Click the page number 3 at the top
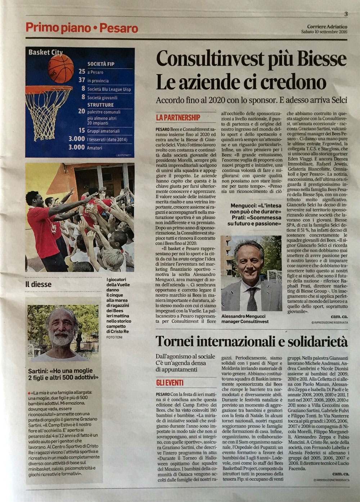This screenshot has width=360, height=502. (346, 14)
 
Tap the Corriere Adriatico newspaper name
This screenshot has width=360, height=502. (327, 26)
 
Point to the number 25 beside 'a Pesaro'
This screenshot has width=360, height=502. (82, 72)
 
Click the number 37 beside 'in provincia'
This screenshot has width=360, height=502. (82, 80)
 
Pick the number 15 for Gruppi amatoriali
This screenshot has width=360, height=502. (82, 130)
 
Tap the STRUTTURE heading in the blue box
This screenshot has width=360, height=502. (100, 105)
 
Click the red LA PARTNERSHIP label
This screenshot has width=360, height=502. (178, 117)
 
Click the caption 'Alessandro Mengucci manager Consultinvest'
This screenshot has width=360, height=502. (245, 319)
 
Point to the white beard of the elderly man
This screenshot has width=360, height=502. (61, 339)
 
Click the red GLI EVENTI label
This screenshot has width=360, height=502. (170, 382)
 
